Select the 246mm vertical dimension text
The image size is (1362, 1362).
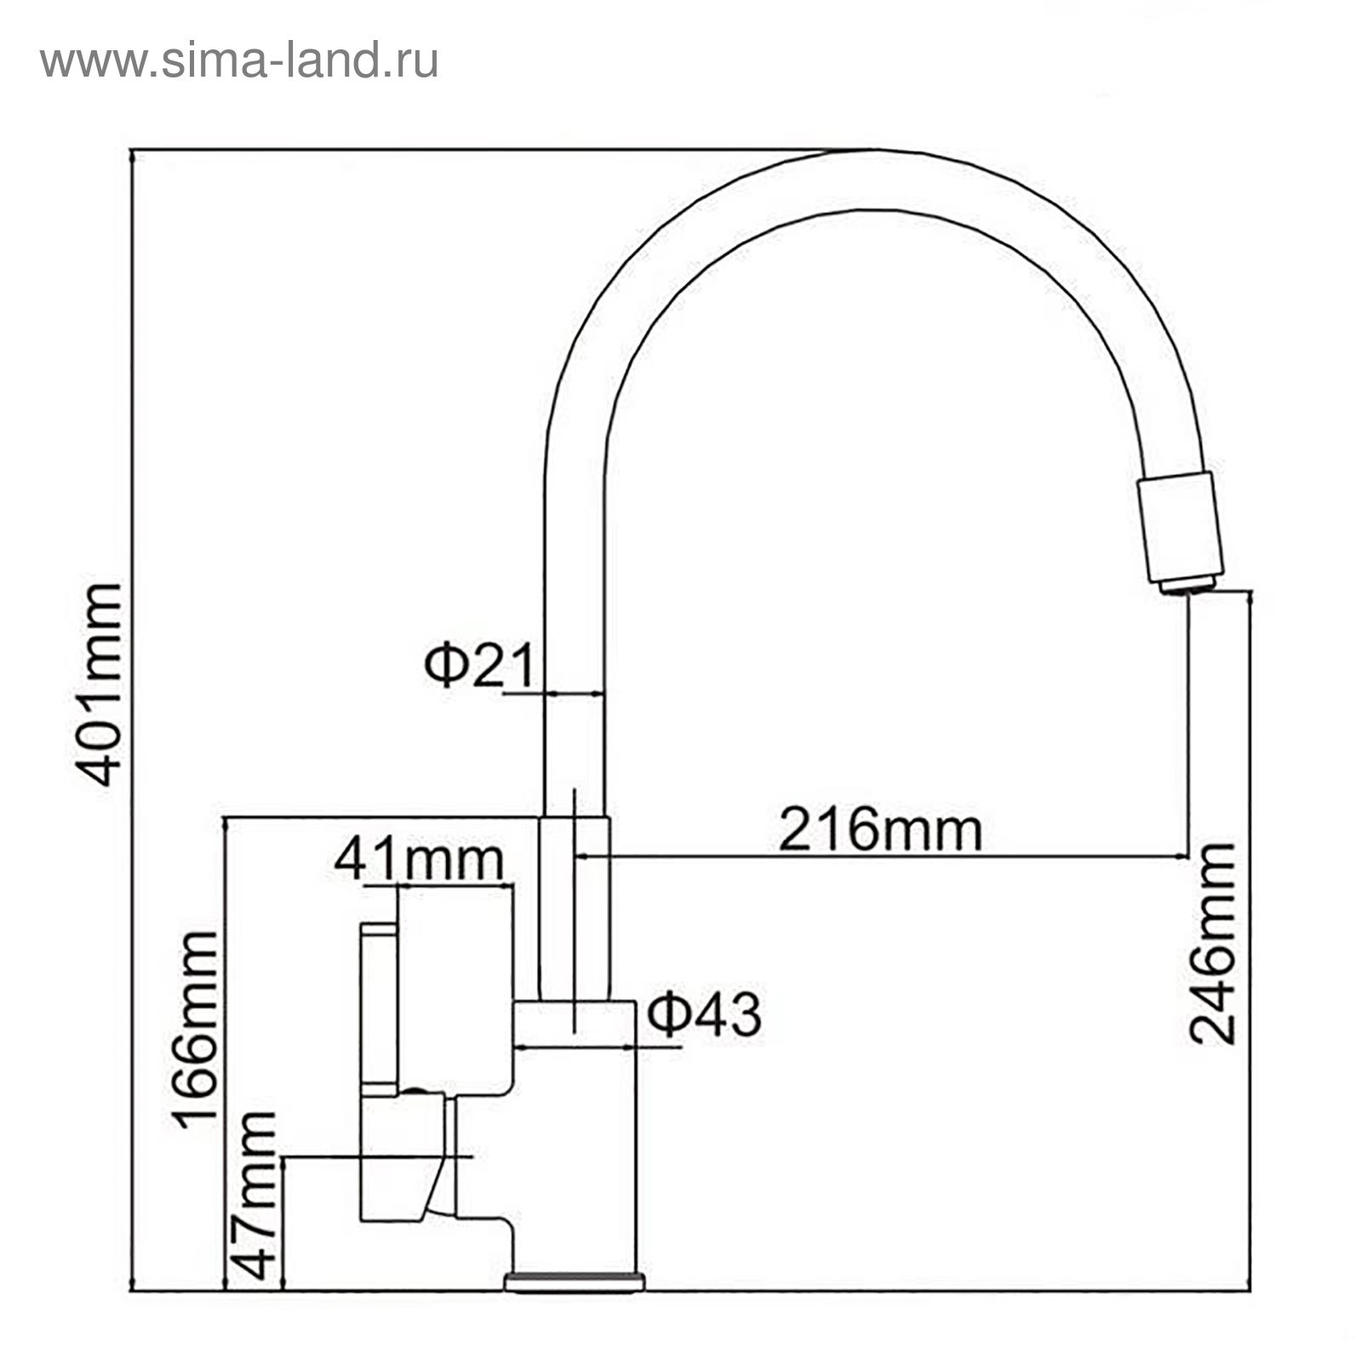click(1212, 944)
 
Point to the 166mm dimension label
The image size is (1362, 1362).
click(196, 1029)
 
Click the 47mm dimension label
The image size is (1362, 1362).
click(255, 1195)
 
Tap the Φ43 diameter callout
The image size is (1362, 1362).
click(703, 1015)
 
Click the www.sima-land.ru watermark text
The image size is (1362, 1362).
click(239, 61)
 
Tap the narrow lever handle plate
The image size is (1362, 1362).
click(379, 1010)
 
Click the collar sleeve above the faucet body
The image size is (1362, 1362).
click(575, 907)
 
